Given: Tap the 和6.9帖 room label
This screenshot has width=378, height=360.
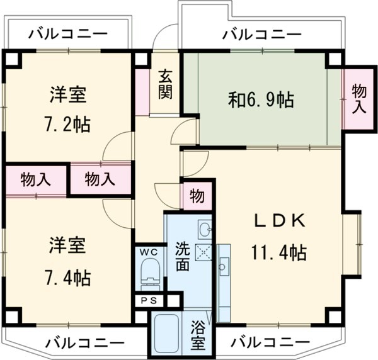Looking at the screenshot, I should click(x=260, y=99).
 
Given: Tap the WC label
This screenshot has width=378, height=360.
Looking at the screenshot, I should click(x=149, y=252).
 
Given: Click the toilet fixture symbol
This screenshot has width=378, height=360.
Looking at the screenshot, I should click(x=149, y=274).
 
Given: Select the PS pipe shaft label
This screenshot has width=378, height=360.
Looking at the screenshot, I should click(x=149, y=300).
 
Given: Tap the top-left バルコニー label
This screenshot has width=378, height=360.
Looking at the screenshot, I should click(x=68, y=33).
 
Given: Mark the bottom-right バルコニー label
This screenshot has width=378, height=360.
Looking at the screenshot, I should click(x=268, y=343).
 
